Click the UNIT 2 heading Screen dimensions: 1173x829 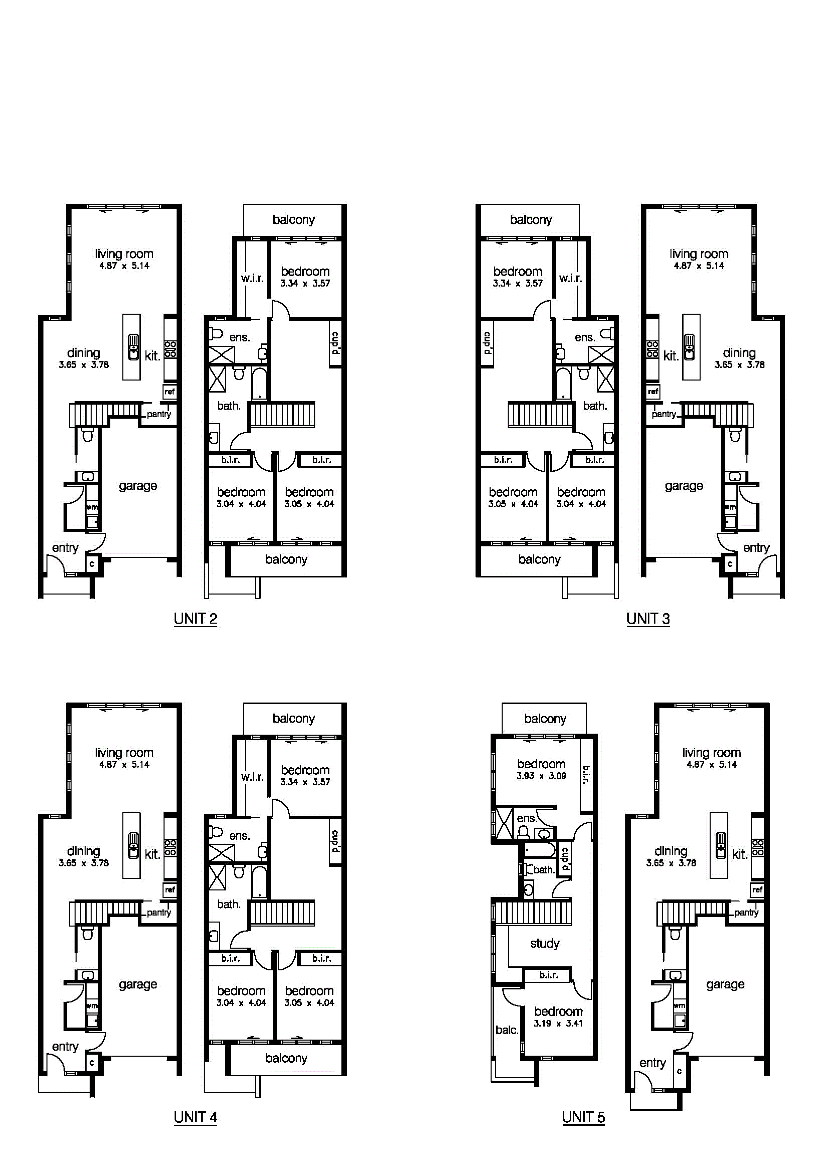click(195, 619)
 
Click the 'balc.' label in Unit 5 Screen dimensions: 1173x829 click(506, 1030)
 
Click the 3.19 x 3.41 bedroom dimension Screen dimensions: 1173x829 click(558, 1023)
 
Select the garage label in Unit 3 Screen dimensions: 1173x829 click(684, 486)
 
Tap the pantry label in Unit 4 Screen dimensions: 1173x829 click(159, 913)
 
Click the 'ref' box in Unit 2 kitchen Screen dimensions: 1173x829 click(170, 392)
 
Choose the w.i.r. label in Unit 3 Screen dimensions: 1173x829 click(570, 279)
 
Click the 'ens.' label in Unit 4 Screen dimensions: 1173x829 click(239, 836)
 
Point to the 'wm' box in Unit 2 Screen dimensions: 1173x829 click(92, 507)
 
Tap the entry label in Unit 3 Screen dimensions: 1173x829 click(756, 548)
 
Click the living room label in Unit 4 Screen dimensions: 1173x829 click(124, 753)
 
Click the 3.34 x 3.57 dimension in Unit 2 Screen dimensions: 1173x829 click(305, 284)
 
